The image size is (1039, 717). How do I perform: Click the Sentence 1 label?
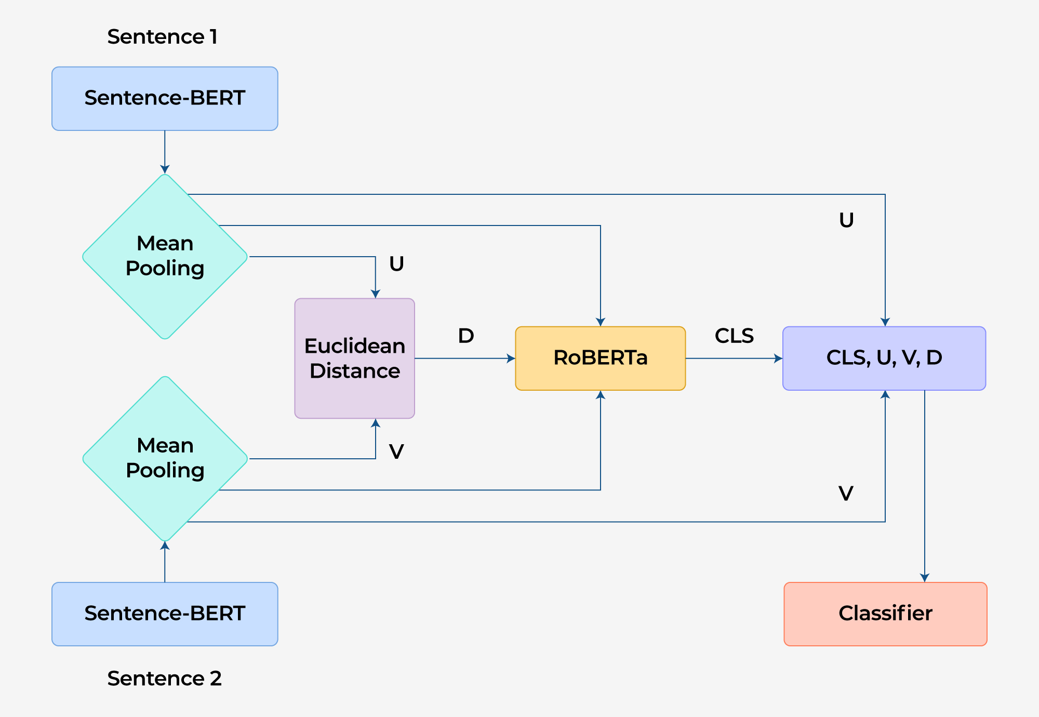click(x=162, y=37)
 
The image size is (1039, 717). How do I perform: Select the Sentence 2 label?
click(x=164, y=679)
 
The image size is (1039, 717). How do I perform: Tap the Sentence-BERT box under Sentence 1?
click(x=165, y=98)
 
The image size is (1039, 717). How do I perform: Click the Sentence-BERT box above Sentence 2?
click(x=165, y=614)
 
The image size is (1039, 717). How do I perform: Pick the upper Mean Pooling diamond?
click(x=165, y=256)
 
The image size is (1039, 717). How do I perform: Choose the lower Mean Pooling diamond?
click(x=165, y=458)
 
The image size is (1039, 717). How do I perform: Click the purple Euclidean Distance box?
click(x=354, y=358)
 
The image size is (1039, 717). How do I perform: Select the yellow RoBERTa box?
click(x=600, y=358)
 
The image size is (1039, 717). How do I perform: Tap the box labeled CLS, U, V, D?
click(x=884, y=358)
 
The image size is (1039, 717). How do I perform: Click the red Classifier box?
click(x=885, y=614)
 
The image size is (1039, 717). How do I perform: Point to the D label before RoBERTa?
click(x=466, y=336)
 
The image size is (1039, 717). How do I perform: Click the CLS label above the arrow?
click(x=734, y=336)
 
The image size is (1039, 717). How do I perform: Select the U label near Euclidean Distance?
click(x=396, y=264)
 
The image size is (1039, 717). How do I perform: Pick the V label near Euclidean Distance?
click(x=396, y=452)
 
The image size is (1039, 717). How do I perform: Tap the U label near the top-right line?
click(x=846, y=220)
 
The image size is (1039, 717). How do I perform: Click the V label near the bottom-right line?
click(x=846, y=493)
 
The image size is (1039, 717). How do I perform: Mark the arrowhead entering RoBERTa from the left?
click(x=511, y=358)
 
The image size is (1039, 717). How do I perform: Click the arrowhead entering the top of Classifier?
click(x=925, y=578)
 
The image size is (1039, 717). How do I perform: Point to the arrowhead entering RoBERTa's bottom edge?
click(x=601, y=395)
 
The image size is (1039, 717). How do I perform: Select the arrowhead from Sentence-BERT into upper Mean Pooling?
click(x=165, y=169)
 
